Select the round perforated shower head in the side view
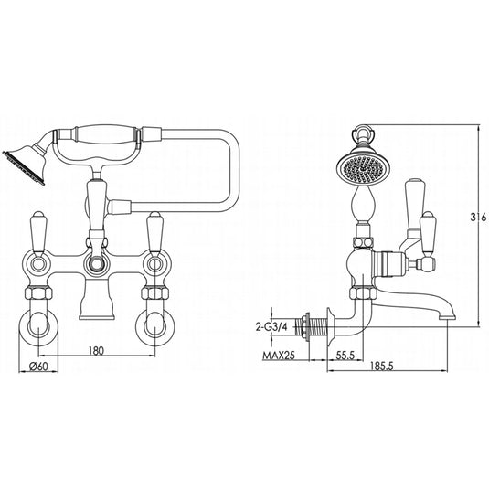click(x=354, y=168)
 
